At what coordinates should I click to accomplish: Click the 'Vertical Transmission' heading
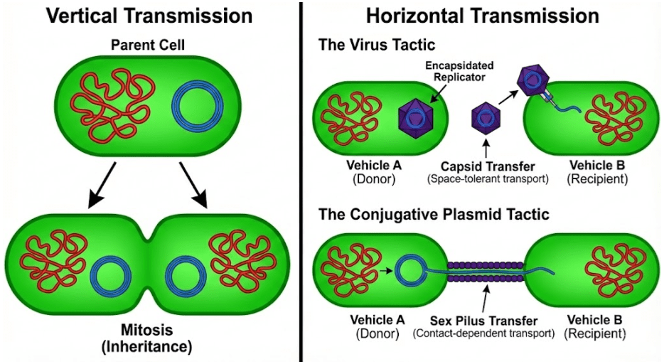149,15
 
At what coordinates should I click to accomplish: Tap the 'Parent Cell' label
148,46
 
